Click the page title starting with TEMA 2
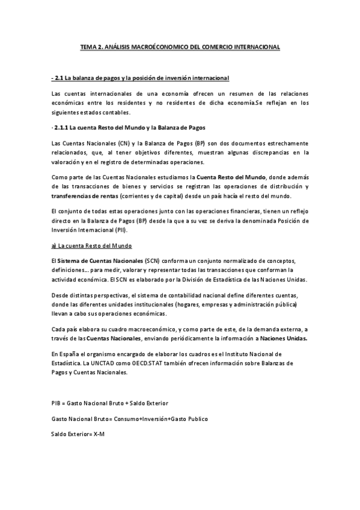(x=180, y=47)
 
